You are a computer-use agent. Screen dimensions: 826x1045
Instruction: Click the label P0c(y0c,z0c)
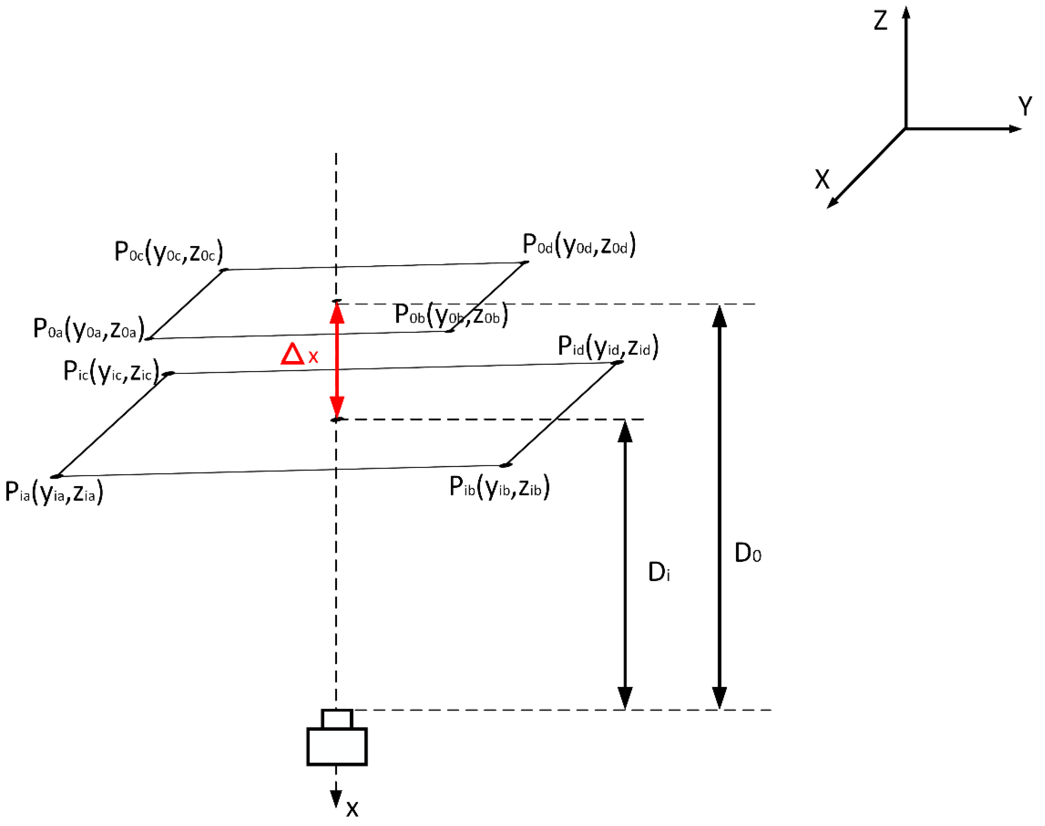point(168,252)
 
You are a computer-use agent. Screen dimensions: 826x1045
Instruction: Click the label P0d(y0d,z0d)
point(579,245)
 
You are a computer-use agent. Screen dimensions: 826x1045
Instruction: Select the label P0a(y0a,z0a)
point(88,329)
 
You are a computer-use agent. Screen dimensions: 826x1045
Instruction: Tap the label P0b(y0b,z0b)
point(451,314)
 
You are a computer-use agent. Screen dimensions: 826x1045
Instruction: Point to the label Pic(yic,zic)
point(111,371)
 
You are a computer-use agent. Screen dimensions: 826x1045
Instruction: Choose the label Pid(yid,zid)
point(607,346)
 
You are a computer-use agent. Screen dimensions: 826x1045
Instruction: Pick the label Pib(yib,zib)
point(499,487)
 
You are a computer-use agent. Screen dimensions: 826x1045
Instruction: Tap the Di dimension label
point(658,573)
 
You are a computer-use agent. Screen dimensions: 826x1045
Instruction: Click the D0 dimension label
point(747,553)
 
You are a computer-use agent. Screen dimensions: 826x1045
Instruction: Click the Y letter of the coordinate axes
point(1025,106)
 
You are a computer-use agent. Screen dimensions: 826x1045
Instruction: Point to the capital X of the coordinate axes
point(822,179)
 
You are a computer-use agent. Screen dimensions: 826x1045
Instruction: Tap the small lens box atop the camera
point(337,719)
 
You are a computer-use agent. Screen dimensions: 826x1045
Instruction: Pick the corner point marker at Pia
point(57,476)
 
